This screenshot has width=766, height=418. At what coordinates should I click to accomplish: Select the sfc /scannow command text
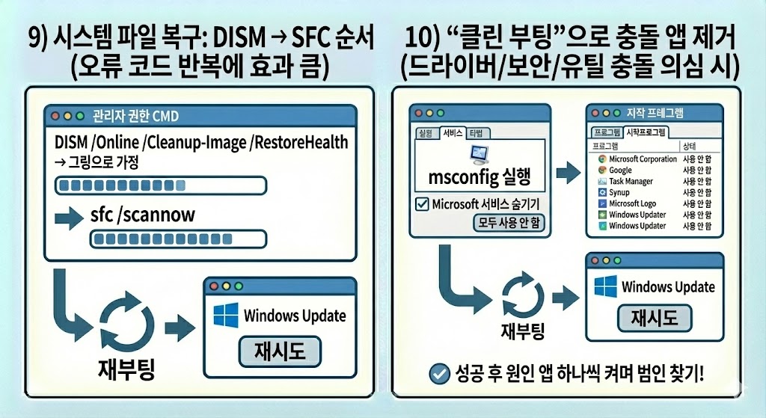click(x=142, y=215)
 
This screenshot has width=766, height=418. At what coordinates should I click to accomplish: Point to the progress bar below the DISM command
click(x=162, y=185)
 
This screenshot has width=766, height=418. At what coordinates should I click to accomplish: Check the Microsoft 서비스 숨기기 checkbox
click(x=423, y=203)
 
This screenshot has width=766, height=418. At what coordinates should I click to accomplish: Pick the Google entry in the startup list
click(x=620, y=170)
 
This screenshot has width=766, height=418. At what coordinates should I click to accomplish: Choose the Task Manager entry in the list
click(x=630, y=181)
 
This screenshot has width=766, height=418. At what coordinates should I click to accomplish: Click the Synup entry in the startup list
click(x=620, y=192)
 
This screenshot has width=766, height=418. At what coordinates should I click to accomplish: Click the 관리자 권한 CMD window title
click(x=135, y=117)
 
